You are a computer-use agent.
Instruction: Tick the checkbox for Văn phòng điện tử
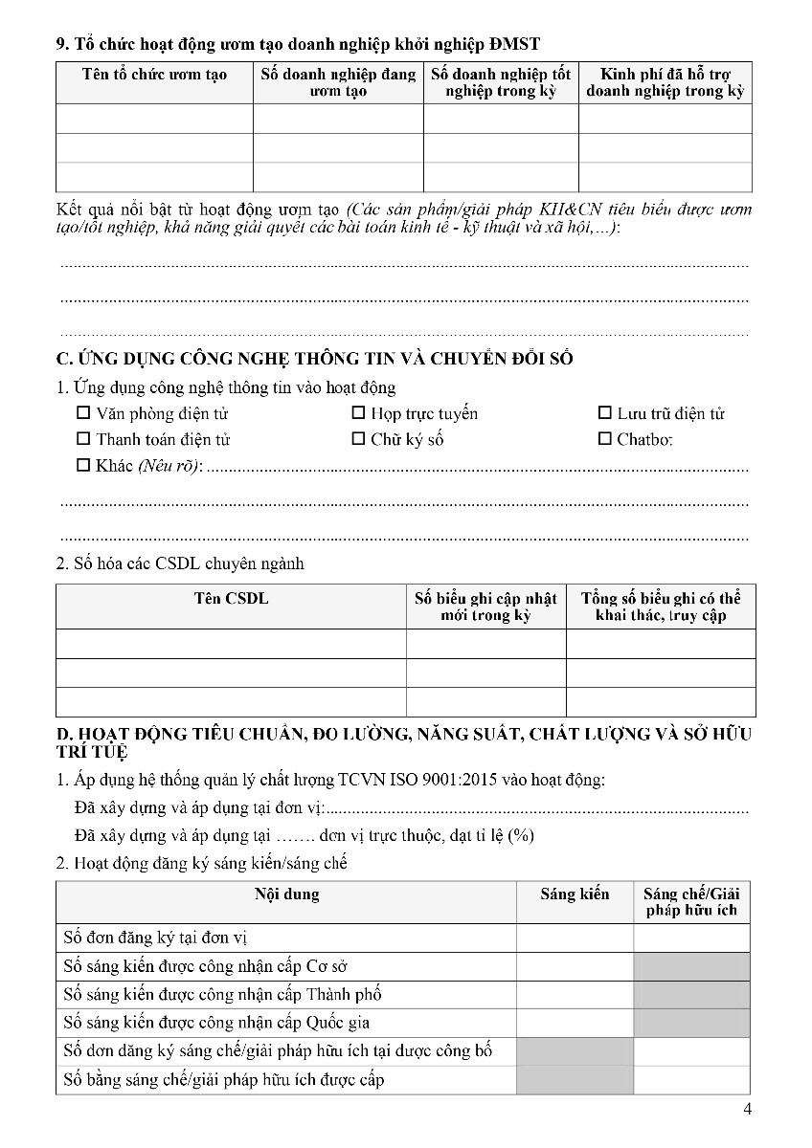(x=82, y=414)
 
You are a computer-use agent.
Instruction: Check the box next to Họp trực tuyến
(x=358, y=414)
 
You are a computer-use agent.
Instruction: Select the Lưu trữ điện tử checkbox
(x=604, y=414)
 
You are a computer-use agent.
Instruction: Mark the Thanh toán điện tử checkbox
(x=82, y=440)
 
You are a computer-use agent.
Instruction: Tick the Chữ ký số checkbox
(x=358, y=440)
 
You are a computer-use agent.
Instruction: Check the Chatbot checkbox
(x=604, y=440)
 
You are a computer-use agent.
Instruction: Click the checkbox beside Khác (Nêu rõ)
(x=82, y=466)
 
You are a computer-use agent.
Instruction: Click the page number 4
(x=747, y=1110)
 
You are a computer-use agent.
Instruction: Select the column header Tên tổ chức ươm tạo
(x=154, y=75)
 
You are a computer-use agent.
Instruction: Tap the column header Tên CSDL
(x=231, y=599)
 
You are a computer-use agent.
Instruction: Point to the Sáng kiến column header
(x=575, y=894)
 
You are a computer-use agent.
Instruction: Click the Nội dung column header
(x=286, y=894)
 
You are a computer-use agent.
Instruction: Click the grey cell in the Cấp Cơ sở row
(x=691, y=966)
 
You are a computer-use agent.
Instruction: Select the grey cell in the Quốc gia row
(x=691, y=1023)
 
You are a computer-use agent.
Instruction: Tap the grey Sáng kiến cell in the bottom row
(x=575, y=1080)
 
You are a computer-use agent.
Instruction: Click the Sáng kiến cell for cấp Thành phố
(x=575, y=995)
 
